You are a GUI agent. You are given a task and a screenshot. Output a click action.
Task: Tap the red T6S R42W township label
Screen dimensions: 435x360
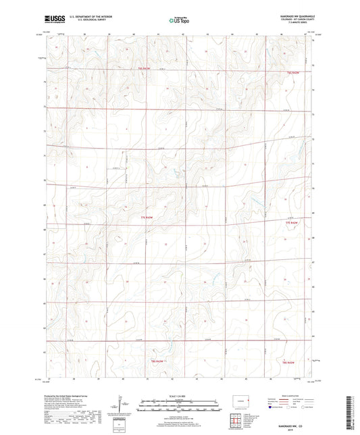point(292,72)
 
